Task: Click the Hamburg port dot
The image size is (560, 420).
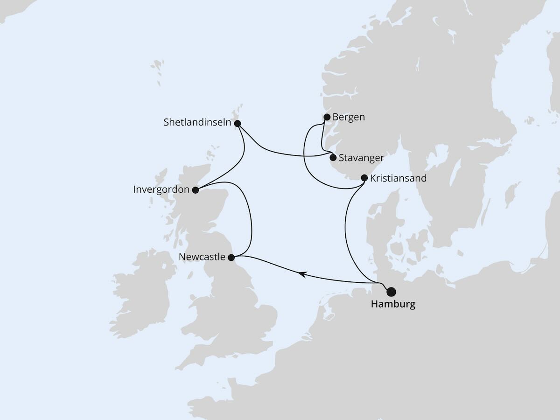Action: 391,292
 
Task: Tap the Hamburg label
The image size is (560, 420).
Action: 392,305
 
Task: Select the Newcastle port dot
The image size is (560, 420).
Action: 231,257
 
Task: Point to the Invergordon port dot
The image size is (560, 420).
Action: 196,190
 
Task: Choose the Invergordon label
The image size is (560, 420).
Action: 161,190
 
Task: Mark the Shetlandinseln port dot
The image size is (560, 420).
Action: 238,124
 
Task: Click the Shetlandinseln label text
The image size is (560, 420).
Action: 198,122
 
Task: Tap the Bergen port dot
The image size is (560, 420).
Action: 327,117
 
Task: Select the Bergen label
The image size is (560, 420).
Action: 349,117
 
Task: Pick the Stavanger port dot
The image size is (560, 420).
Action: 333,158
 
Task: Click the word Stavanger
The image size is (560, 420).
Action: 362,158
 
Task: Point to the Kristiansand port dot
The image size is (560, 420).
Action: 364,178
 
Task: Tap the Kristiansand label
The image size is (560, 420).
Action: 398,178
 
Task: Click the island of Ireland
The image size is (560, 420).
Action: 140,294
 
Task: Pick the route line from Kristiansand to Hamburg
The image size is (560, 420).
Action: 346,224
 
